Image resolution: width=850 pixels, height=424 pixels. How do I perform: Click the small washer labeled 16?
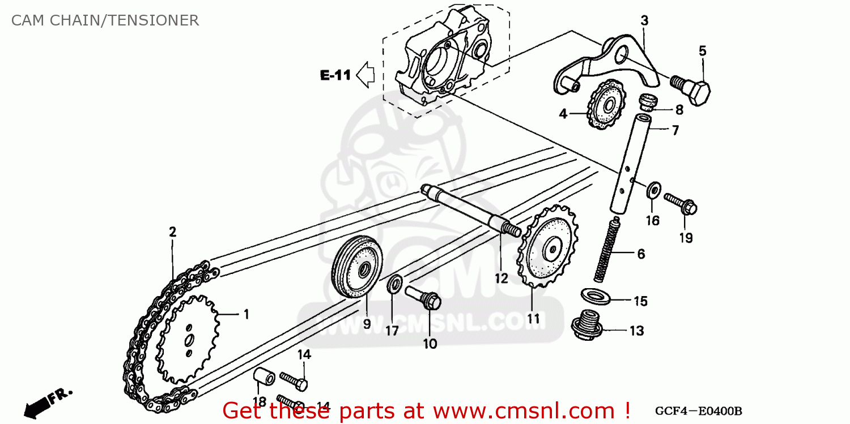tap(653, 189)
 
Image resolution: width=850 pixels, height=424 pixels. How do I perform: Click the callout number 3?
tap(644, 20)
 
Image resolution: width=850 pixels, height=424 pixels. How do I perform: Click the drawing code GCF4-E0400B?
tap(698, 411)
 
